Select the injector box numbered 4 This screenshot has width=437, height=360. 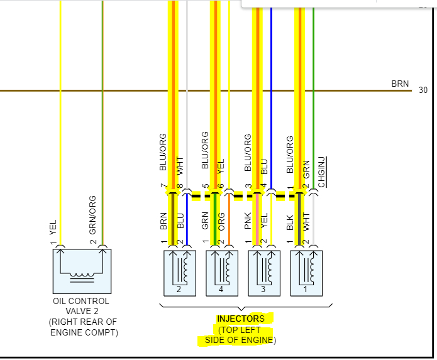click(222, 273)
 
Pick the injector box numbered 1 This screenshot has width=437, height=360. click(306, 273)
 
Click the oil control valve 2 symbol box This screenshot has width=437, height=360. click(82, 271)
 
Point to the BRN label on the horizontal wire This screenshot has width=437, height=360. click(400, 84)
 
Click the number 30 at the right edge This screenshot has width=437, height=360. click(423, 90)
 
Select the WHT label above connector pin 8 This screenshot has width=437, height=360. click(180, 166)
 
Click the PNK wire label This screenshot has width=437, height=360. click(248, 222)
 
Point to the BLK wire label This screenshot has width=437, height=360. click(290, 222)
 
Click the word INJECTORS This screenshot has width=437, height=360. click(241, 319)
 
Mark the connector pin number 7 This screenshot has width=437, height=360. click(163, 187)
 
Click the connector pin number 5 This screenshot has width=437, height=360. click(205, 187)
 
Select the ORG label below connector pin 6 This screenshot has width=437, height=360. click(222, 222)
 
